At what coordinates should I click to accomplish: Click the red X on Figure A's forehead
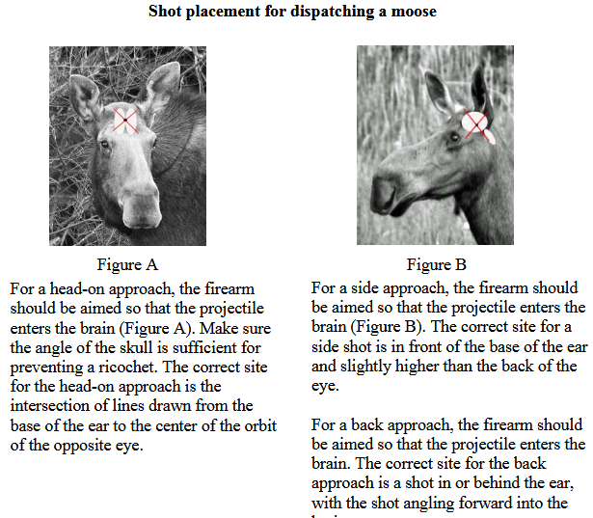pyautogui.click(x=126, y=120)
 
